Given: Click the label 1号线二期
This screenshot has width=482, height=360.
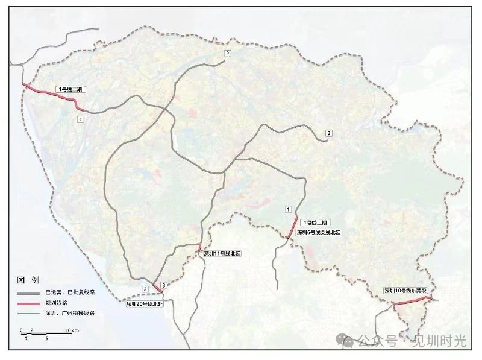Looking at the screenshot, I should (71, 89).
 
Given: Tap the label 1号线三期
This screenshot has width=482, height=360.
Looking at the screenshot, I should (315, 223).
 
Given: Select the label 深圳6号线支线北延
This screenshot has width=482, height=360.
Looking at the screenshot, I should (315, 232).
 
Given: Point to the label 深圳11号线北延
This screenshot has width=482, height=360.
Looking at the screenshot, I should (221, 254).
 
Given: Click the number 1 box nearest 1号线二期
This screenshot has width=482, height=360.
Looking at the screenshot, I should (80, 120).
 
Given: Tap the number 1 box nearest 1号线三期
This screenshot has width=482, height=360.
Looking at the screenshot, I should (288, 209).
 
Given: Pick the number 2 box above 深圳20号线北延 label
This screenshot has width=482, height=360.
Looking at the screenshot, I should (145, 289).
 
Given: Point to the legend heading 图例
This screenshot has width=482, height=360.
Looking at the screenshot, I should (28, 280).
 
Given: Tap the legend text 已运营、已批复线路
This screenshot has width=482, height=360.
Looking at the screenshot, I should (70, 292).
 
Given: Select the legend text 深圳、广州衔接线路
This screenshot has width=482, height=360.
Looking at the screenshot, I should (70, 313).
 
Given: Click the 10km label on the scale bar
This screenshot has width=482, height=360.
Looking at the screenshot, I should (72, 330).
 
